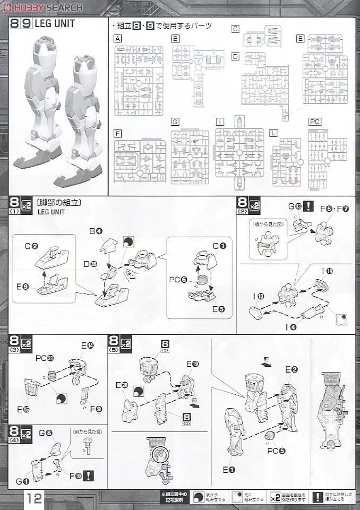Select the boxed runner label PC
[x=315, y=122]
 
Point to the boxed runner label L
[x=273, y=132]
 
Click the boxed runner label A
[x=118, y=39]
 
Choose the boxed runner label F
[x=118, y=133]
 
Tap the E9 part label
[x=22, y=287]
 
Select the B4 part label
[x=96, y=231]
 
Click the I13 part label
[x=257, y=296]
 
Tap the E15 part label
[x=23, y=409]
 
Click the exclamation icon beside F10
[x=89, y=476]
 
